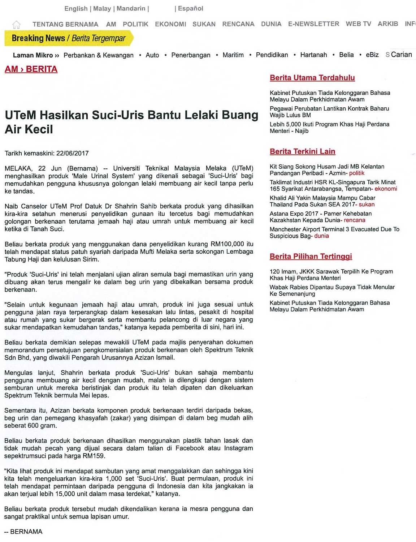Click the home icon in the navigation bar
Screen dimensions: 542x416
(16, 25)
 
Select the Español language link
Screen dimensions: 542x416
(190, 8)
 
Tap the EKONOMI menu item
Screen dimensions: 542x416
(170, 24)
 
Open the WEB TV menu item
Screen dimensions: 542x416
(358, 24)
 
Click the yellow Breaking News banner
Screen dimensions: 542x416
(69, 38)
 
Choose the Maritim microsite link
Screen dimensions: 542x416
(233, 55)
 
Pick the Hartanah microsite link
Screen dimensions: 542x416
(313, 55)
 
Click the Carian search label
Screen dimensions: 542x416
(401, 55)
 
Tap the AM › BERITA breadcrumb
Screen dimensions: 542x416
(31, 69)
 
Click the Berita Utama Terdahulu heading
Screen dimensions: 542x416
(312, 78)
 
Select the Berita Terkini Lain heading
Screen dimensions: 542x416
(302, 151)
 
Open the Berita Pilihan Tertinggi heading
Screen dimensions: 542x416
(311, 257)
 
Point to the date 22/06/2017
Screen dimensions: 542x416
(72, 153)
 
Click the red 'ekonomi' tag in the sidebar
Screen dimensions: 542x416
(386, 189)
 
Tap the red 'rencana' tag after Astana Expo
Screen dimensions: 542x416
(354, 220)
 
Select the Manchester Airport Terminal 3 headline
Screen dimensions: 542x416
(334, 229)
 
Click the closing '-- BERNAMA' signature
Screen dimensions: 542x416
(23, 532)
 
